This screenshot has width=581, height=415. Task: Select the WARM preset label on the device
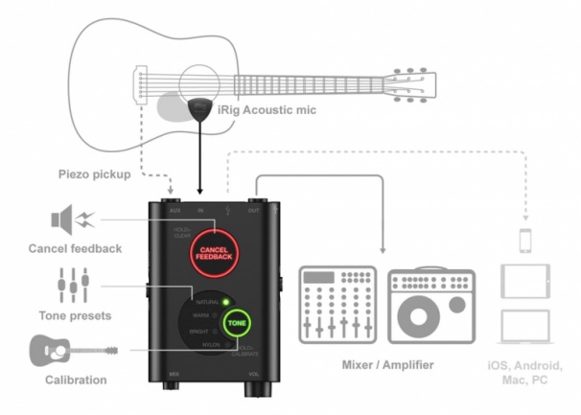coord(201,315)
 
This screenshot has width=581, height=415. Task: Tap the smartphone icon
coord(525,239)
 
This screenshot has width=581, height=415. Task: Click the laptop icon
coord(524,327)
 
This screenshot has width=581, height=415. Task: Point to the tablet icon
coord(524,279)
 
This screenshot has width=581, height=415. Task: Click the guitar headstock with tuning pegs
coord(415,81)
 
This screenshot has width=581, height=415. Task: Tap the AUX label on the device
coord(174,209)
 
